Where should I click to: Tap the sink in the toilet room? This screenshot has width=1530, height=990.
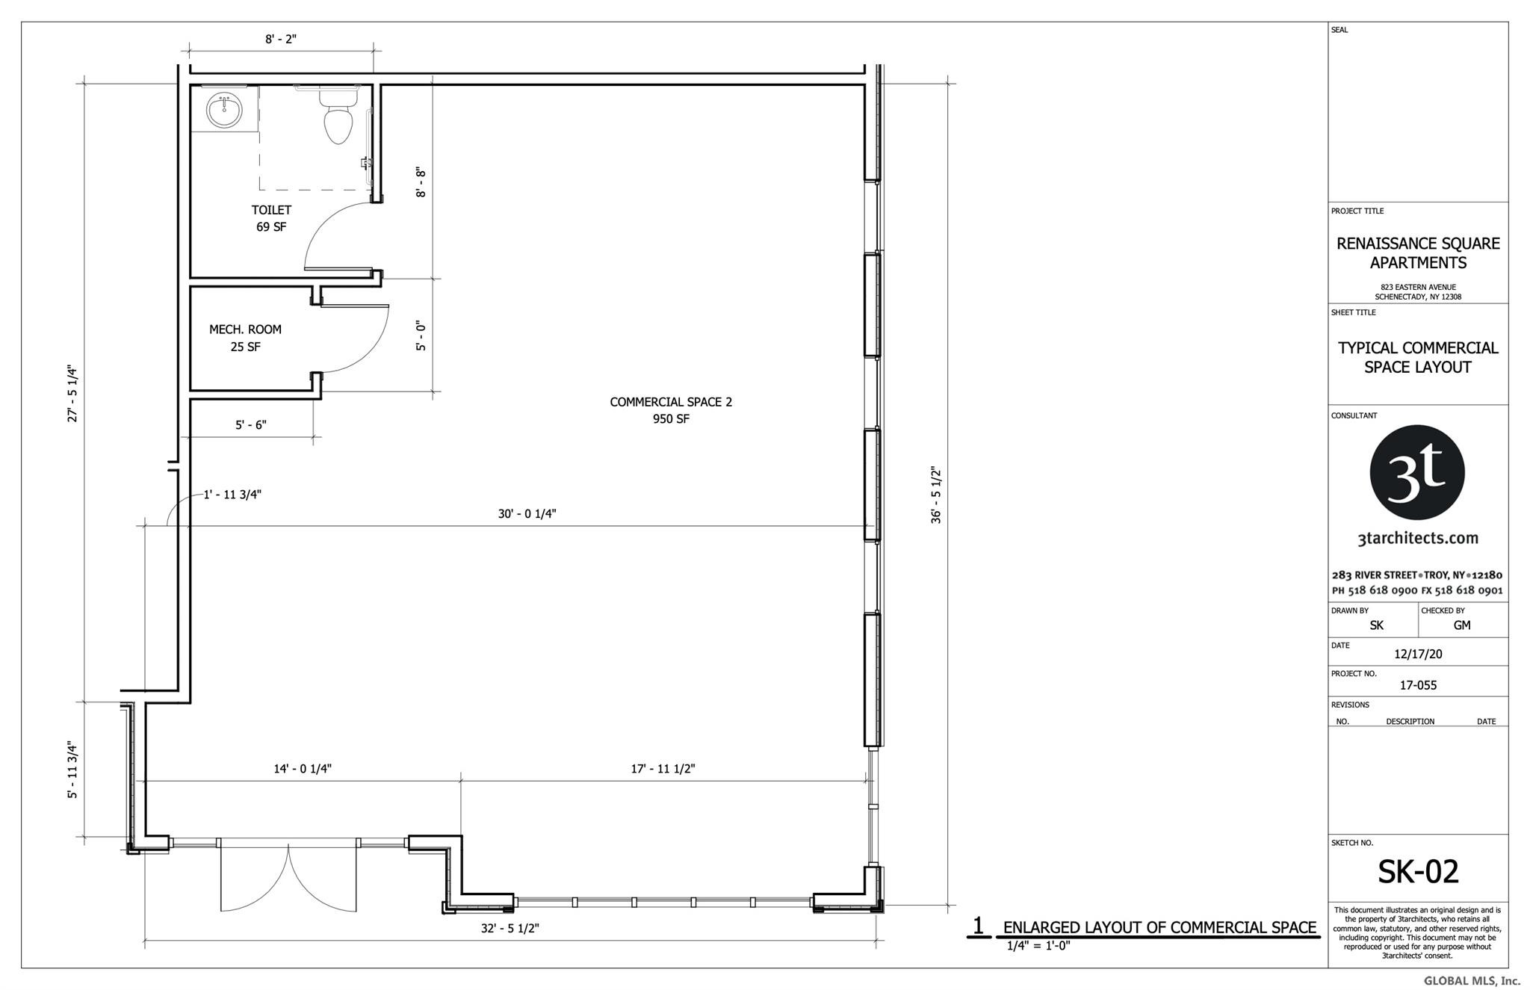[x=224, y=112]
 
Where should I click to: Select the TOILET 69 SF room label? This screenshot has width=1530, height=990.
[x=271, y=218]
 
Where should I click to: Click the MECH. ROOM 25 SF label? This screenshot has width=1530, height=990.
[x=245, y=338]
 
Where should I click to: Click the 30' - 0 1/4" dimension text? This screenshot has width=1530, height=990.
[x=527, y=514]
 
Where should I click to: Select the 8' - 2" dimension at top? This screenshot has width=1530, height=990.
[x=281, y=39]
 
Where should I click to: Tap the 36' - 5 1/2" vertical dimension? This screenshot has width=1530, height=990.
[x=936, y=495]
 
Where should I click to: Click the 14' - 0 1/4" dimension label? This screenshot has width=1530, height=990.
[x=303, y=768]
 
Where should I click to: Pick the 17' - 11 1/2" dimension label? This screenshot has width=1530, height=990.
[x=663, y=768]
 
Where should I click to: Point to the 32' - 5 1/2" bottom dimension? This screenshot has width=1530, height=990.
[x=510, y=929]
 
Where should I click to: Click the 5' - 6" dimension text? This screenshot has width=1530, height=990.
[x=251, y=424]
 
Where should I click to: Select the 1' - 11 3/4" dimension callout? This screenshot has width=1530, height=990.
[x=232, y=495]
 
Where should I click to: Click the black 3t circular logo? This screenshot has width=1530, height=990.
[x=1417, y=472]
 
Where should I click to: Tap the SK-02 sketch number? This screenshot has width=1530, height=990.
[x=1418, y=871]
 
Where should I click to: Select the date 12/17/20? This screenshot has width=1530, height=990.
[x=1418, y=654]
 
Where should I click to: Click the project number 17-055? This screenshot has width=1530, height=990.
[x=1418, y=685]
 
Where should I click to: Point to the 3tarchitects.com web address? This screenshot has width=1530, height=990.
[x=1417, y=538]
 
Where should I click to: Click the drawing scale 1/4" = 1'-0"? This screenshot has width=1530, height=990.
[x=1038, y=945]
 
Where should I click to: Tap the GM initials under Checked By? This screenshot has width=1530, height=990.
[x=1462, y=625]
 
